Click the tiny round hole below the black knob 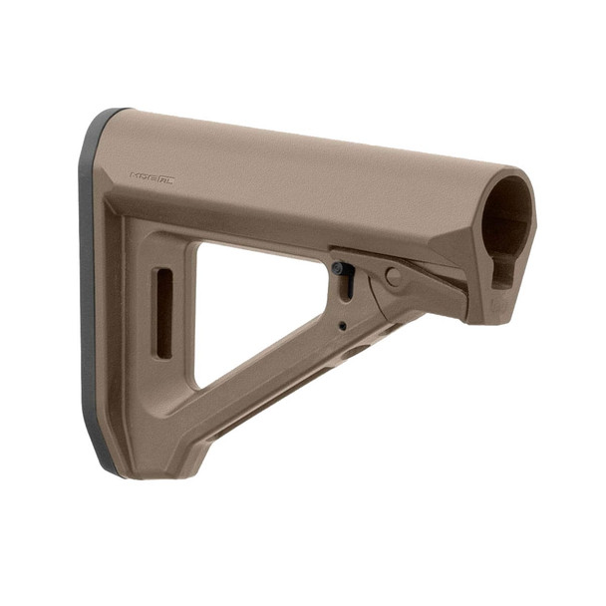342,325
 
